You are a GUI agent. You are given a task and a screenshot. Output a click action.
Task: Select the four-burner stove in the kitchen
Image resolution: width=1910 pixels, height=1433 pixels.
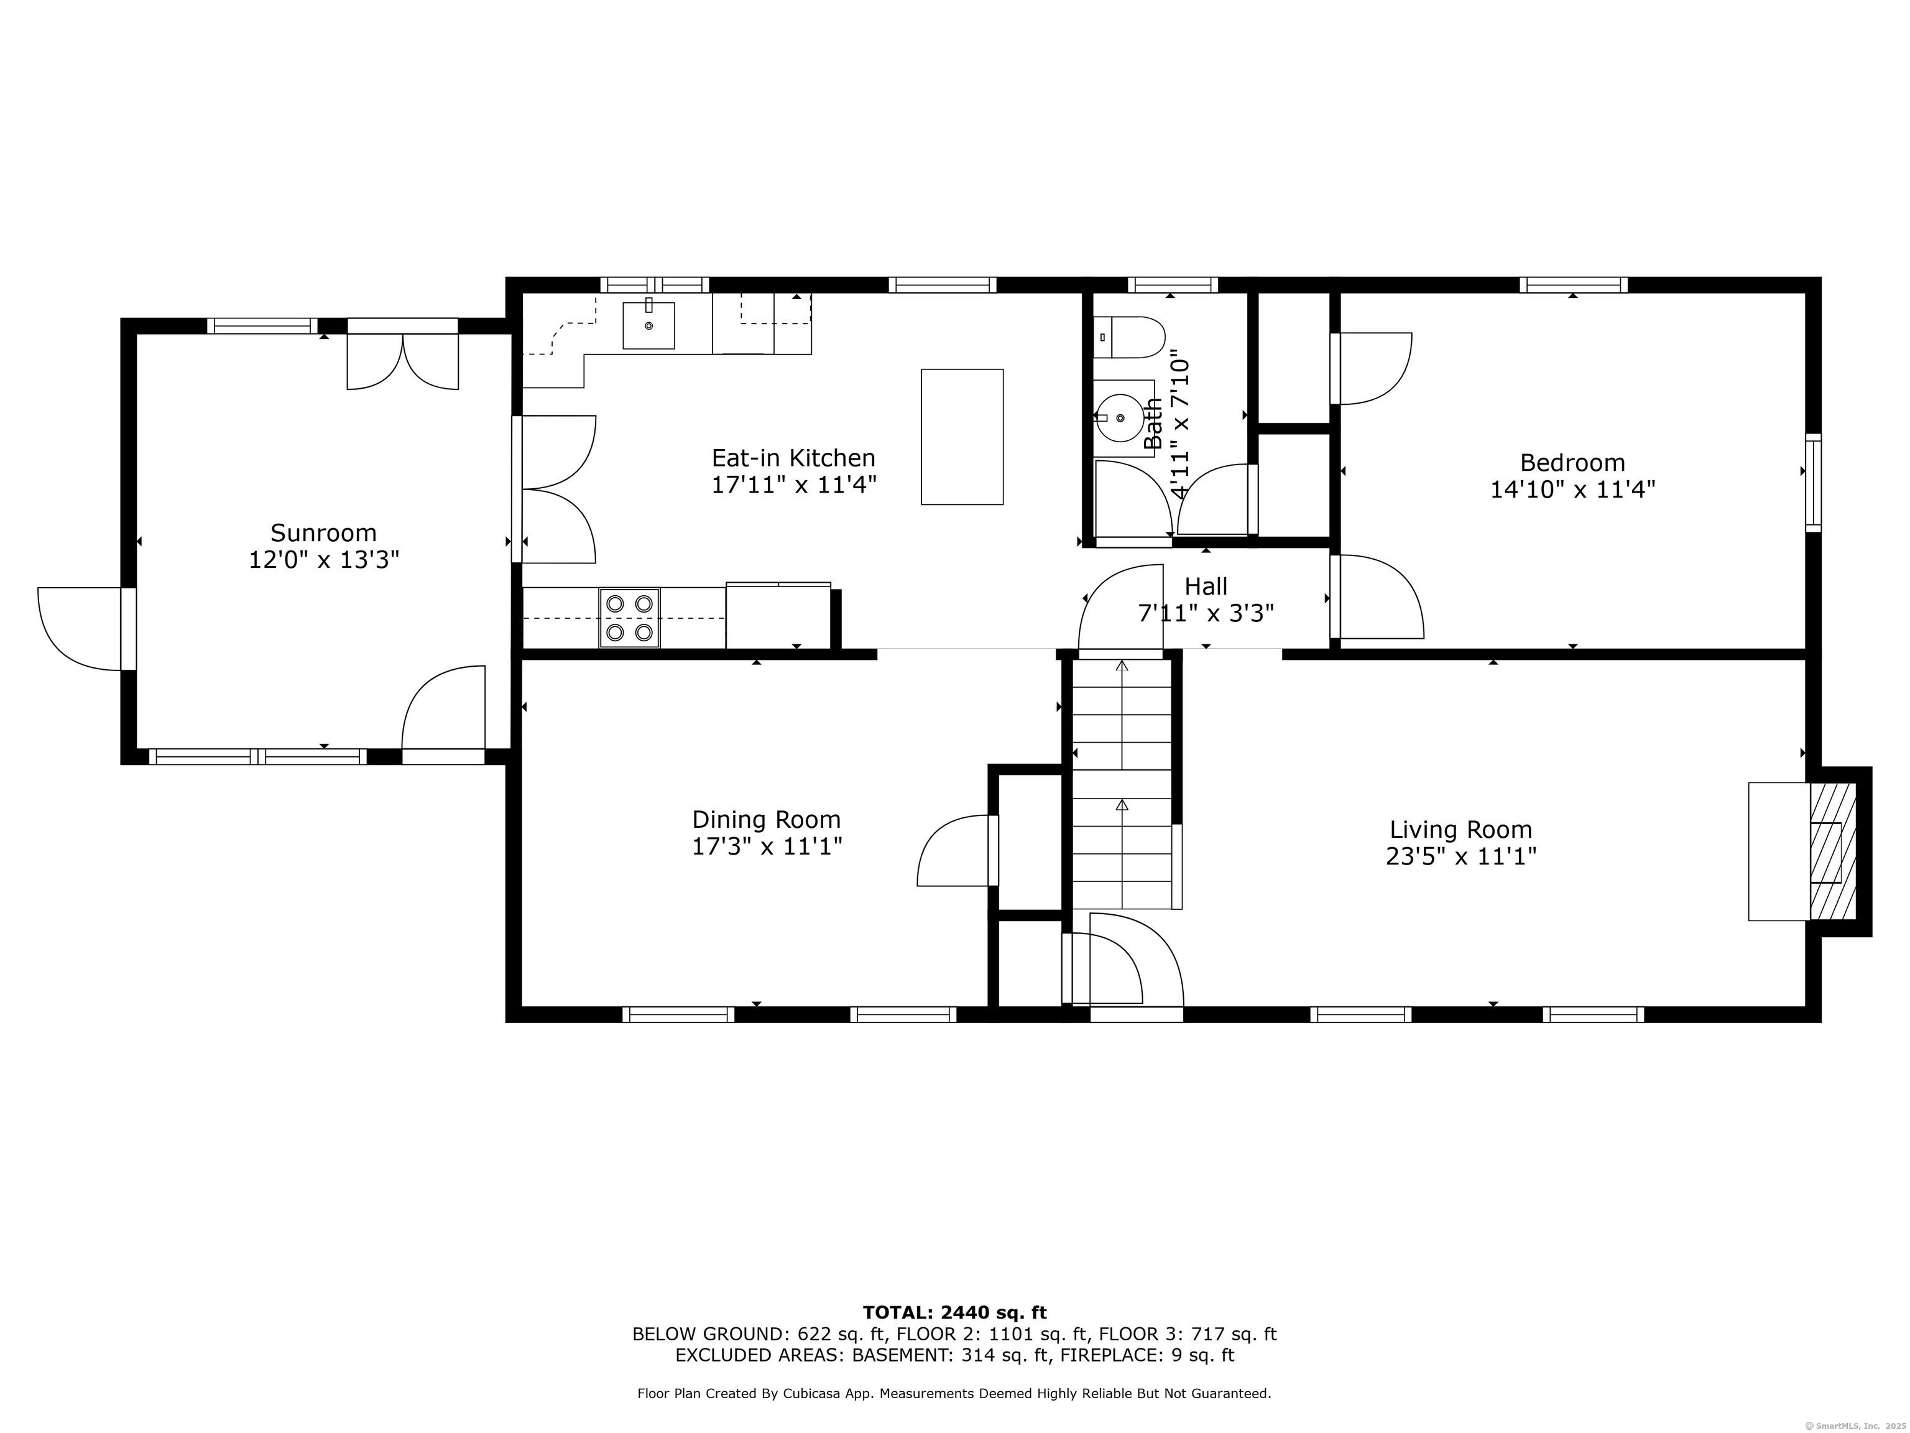click(629, 618)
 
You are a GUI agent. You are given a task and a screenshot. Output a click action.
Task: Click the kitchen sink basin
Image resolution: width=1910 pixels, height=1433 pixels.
click(648, 326)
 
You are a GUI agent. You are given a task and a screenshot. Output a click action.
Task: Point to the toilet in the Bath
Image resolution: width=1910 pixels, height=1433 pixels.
click(1130, 337)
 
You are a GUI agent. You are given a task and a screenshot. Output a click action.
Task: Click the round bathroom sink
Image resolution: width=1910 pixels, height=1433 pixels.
click(1120, 418)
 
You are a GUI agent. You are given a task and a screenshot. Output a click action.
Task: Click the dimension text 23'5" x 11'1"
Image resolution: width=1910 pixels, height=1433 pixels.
click(1461, 857)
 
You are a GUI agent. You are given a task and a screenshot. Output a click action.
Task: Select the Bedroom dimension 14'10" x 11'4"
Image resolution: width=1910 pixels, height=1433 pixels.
click(1572, 489)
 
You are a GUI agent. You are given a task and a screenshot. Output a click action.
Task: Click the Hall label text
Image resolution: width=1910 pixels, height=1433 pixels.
click(1206, 587)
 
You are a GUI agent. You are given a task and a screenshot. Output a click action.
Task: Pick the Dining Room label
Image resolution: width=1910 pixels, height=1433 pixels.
click(766, 819)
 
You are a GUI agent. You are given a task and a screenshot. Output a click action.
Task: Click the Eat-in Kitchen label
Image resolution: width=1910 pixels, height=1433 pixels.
click(793, 458)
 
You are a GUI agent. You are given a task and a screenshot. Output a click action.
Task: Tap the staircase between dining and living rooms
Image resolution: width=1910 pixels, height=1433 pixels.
click(1122, 782)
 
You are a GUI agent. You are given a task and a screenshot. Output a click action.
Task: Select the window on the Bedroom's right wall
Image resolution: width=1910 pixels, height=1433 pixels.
click(1812, 482)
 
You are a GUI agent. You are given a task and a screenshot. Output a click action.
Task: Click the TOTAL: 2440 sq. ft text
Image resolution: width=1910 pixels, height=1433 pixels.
click(954, 1313)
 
